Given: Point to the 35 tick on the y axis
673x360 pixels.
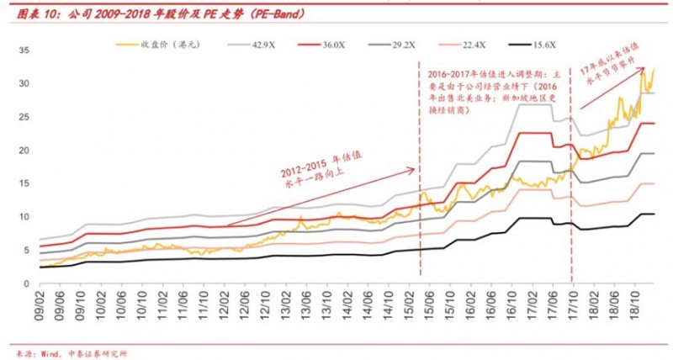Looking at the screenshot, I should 24,51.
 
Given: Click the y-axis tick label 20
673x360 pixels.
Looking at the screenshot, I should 24,150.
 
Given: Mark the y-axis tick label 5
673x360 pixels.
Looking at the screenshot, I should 26,249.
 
